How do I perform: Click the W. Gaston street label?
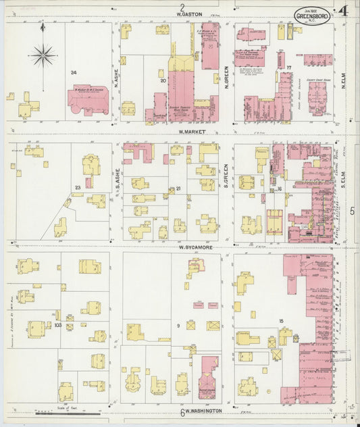pyautogui.click(x=191, y=13)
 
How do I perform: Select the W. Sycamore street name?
pyautogui.click(x=196, y=248)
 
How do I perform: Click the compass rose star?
pyautogui.click(x=43, y=54)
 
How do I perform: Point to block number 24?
pyautogui.click(x=74, y=72)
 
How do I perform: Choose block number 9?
pyautogui.click(x=178, y=327)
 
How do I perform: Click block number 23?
pyautogui.click(x=78, y=188)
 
